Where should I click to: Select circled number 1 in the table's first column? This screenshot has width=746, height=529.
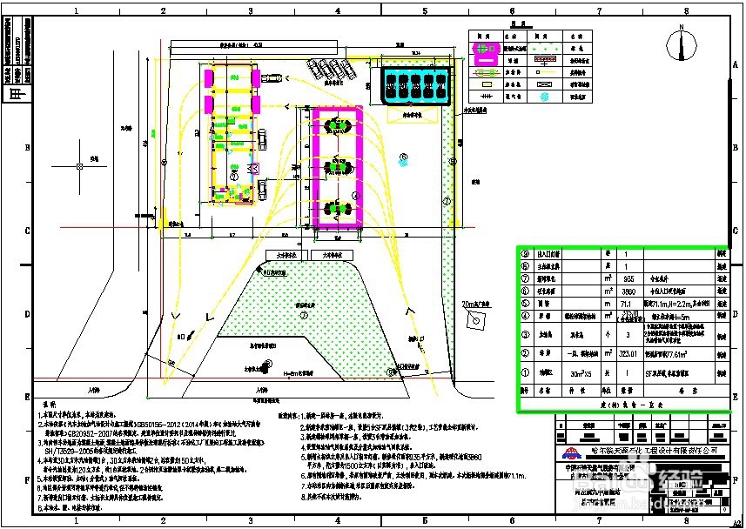pyautogui.click(x=524, y=373)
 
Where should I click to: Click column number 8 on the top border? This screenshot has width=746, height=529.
pyautogui.click(x=686, y=11)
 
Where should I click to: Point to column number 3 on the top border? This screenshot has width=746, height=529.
pyautogui.click(x=251, y=11)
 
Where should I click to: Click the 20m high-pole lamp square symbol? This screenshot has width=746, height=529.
pyautogui.click(x=474, y=321)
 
